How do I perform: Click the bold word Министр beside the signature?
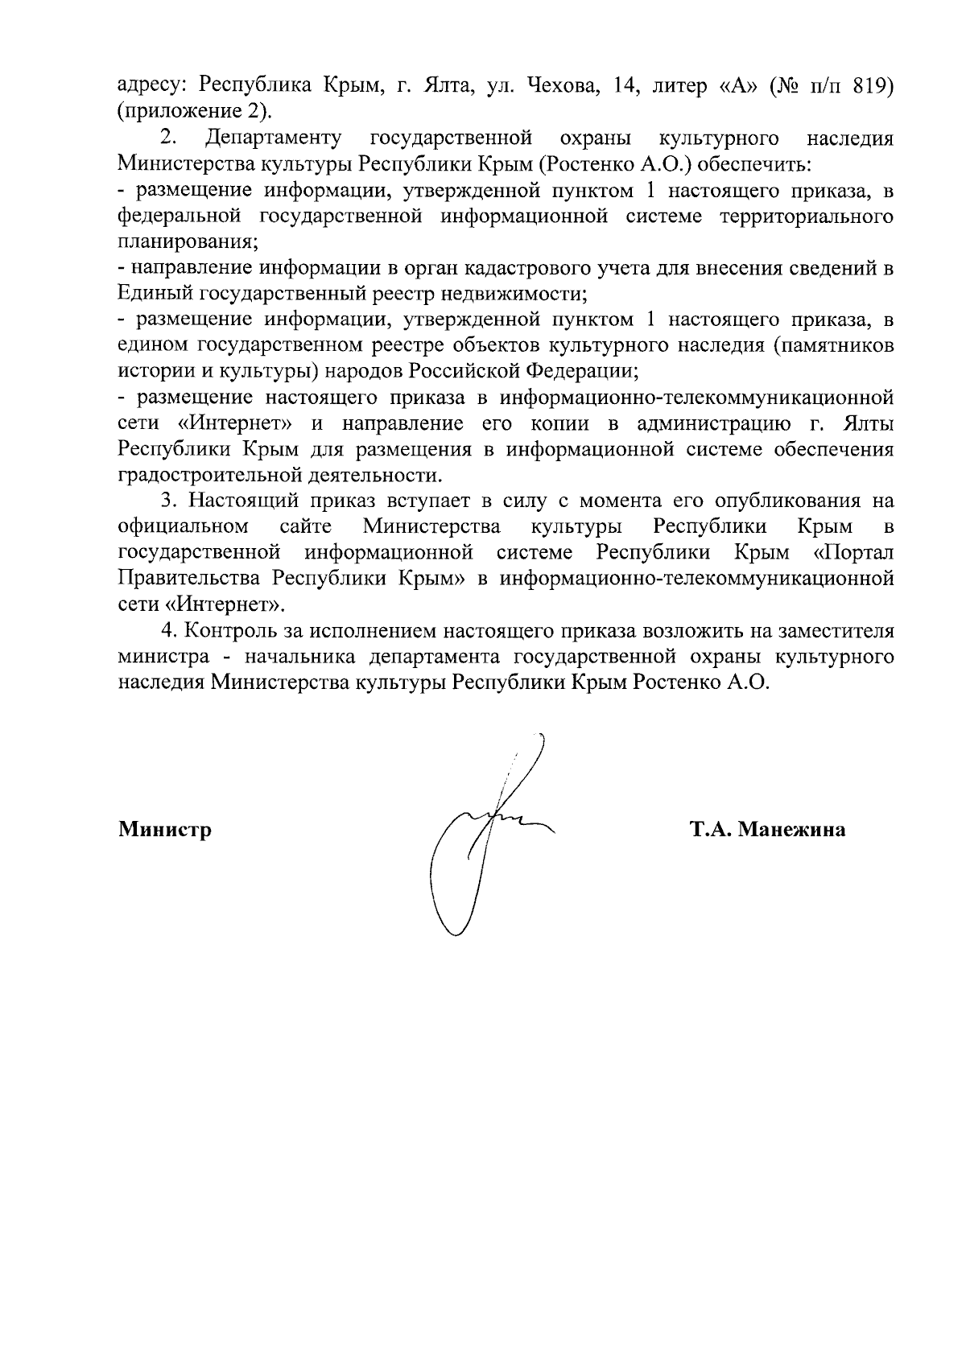tap(165, 829)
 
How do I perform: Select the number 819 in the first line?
tap(873, 85)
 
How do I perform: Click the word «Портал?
tap(853, 553)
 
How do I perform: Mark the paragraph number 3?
tap(168, 501)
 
